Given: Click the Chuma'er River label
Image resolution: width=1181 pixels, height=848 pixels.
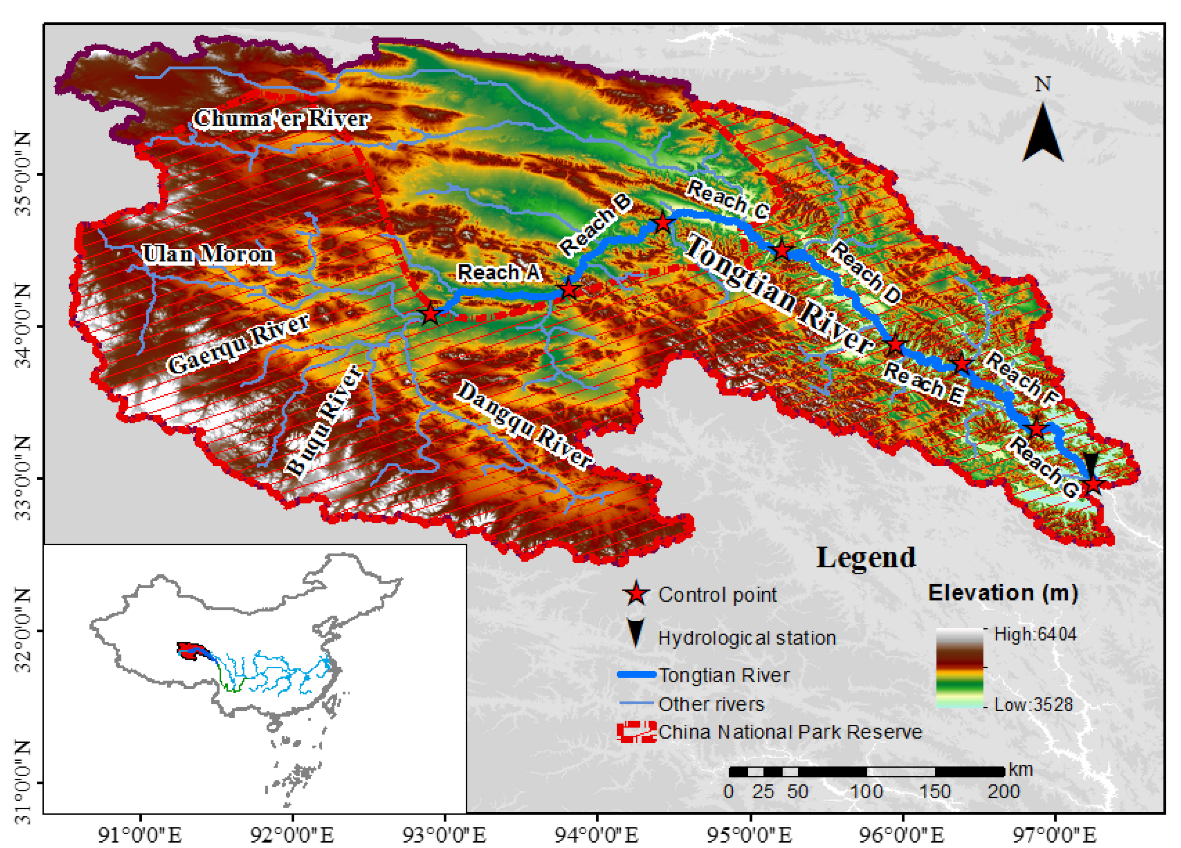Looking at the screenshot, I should click(281, 119).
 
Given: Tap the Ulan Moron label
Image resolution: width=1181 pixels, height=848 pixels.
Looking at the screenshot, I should click(208, 254).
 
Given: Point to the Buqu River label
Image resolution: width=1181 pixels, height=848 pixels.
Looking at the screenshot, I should click(324, 421).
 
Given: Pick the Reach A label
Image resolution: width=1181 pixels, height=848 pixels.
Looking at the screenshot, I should click(498, 272).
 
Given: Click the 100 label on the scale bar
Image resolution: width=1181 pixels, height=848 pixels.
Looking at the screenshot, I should click(867, 792).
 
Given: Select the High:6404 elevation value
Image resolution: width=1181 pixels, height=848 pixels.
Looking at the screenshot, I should click(1035, 634).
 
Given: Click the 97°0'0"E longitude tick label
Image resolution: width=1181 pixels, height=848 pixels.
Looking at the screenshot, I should click(1055, 835).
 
